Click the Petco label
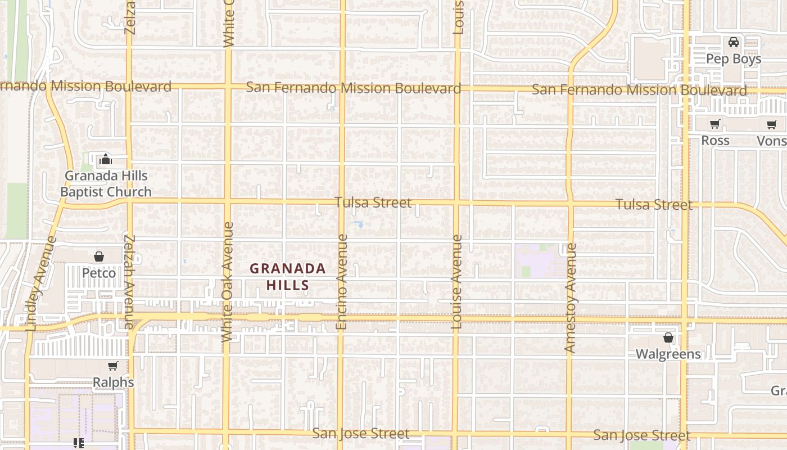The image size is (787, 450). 99,273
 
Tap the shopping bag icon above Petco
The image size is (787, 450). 99,257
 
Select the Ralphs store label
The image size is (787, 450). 113,382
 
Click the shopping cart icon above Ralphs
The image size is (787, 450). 113,366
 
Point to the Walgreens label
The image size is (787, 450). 668,354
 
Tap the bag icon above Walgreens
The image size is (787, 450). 668,337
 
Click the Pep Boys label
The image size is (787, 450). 733,58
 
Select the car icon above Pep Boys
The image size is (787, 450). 733,42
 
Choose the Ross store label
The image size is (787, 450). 715,141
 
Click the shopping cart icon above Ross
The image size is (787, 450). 714,124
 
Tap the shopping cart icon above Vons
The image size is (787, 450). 771,124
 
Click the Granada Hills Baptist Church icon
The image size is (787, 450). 105,160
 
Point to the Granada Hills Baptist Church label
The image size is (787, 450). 106,184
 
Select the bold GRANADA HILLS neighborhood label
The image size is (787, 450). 288,277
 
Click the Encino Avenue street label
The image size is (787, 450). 342,282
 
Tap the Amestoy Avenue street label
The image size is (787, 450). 571,298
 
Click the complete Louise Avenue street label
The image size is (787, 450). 456,281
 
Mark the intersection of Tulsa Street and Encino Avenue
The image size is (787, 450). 342,201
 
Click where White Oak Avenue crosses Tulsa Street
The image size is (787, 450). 227,200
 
